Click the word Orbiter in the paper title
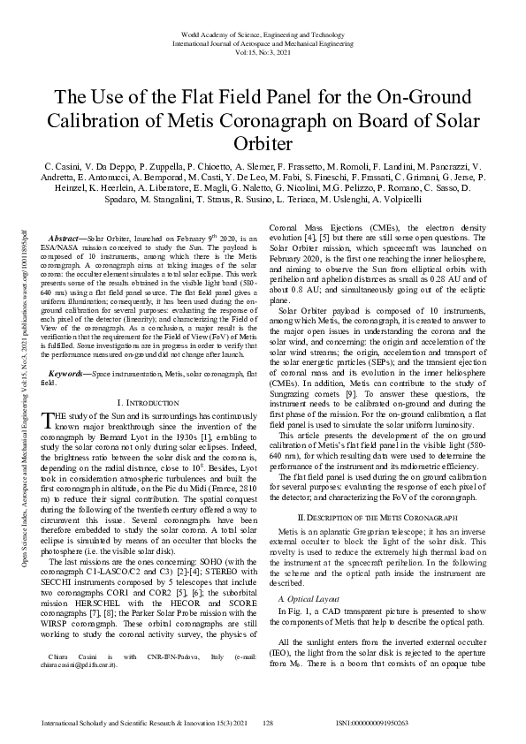point(263,142)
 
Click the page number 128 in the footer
point(269,722)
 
